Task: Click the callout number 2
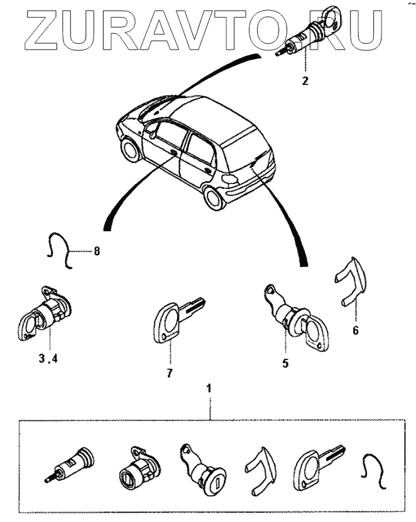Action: (305, 80)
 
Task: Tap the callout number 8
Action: (97, 251)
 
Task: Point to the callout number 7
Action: (169, 373)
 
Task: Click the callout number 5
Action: (285, 363)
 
